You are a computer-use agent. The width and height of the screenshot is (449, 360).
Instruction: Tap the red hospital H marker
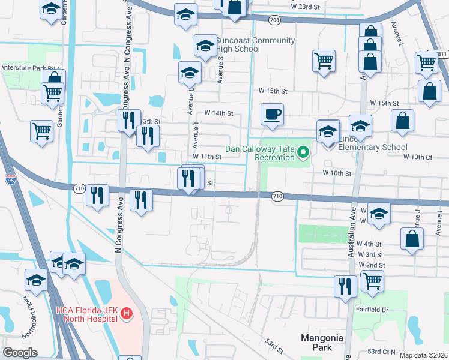pyautogui.click(x=126, y=313)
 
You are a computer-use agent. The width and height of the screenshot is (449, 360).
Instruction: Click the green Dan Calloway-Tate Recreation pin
pyautogui.click(x=303, y=152)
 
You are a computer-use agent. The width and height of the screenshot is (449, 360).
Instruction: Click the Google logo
pyautogui.click(x=20, y=353)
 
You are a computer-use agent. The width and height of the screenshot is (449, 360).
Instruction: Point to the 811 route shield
pyautogui.click(x=441, y=54)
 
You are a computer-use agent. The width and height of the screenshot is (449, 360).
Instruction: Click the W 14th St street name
pyautogui.click(x=218, y=113)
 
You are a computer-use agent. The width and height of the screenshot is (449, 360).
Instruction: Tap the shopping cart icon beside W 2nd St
pyautogui.click(x=372, y=280)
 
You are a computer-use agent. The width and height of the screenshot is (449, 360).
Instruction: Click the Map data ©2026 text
pyautogui.click(x=423, y=355)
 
